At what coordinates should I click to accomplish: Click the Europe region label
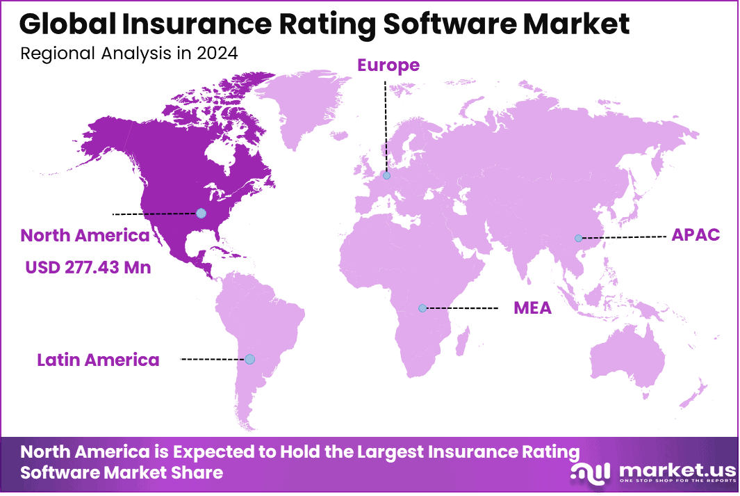pos(388,65)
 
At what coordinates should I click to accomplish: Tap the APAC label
pos(696,235)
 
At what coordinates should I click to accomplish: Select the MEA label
pos(532,307)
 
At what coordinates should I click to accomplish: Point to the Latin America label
pos(98,360)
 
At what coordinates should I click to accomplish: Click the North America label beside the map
pos(85,235)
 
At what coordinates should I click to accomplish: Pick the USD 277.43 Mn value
pos(88,267)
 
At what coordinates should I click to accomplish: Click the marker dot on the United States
pos(202,213)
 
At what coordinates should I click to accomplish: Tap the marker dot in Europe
pos(387,175)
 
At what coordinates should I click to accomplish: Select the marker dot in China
pos(578,238)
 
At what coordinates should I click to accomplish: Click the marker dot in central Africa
pos(422,307)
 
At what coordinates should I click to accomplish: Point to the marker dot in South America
pos(249,359)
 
